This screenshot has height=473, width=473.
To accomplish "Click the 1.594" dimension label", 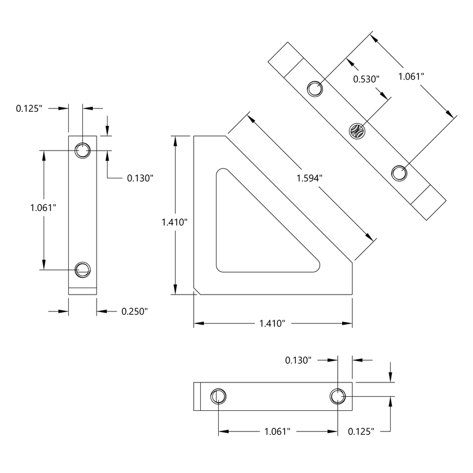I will [310, 178].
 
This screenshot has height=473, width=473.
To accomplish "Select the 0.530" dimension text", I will [366, 79].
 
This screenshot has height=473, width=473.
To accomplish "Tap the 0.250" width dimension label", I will [134, 312].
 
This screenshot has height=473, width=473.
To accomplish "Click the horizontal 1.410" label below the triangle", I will [272, 324].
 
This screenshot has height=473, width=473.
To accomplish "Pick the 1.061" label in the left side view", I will [44, 207].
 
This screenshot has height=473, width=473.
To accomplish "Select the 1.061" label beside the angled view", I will [411, 76].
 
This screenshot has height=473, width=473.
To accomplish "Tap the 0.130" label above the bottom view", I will [298, 360].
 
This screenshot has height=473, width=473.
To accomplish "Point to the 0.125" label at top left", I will [28, 109].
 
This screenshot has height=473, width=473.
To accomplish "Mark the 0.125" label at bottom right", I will [361, 432].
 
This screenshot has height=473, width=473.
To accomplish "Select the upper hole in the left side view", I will [82, 149].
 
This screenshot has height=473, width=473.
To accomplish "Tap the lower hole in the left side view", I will [82, 268].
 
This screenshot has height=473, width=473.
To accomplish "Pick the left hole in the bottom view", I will [218, 397].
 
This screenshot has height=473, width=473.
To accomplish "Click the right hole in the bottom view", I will [338, 397].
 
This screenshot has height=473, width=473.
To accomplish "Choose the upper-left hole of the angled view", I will [314, 88].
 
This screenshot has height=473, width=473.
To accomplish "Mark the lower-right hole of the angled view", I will [399, 173].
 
